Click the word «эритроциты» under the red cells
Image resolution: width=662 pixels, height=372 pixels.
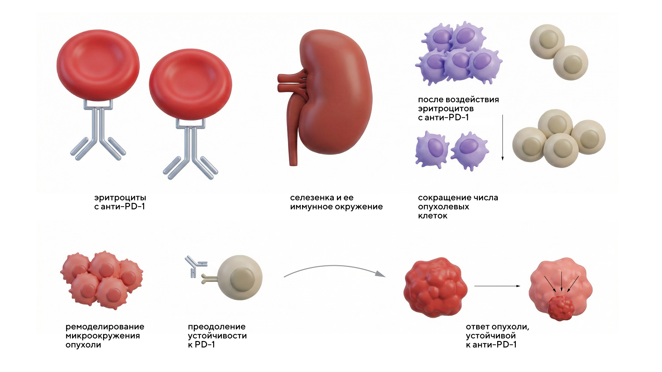pos(120,198)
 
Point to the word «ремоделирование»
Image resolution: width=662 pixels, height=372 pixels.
pos(105,327)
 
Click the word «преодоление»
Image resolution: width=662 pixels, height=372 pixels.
pos(217,327)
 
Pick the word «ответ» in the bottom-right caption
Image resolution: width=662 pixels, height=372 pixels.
pos(478,327)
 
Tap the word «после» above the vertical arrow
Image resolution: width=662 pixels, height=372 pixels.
pos(431,100)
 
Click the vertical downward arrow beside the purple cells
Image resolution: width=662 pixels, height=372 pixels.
pos(502,138)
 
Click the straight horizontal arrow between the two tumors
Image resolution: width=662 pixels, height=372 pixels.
pos(497,286)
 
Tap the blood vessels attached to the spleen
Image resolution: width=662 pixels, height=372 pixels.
pos(291,83)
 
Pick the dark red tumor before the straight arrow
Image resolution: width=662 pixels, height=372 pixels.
pos(435,287)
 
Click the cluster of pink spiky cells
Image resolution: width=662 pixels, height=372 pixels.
pos(102,279)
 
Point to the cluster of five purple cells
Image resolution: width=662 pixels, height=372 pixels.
pos(459,53)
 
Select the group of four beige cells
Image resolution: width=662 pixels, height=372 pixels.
pos(559,138)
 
